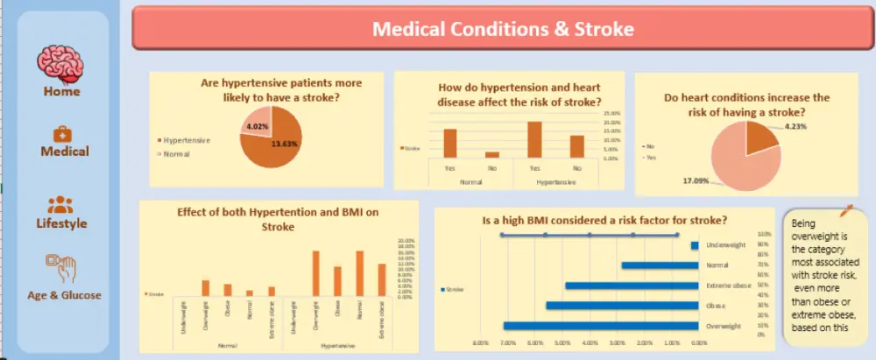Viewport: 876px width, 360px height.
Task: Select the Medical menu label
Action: click(65, 152)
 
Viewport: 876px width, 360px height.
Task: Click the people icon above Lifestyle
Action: click(60, 205)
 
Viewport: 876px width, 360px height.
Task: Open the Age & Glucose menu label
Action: click(64, 295)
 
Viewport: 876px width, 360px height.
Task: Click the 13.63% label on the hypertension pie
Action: click(286, 144)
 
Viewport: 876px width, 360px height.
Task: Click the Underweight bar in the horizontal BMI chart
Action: click(694, 245)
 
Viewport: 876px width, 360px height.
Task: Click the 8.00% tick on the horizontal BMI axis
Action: click(480, 342)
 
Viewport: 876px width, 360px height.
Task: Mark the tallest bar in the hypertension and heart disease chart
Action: click(534, 139)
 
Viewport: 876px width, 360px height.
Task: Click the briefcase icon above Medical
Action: click(64, 133)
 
